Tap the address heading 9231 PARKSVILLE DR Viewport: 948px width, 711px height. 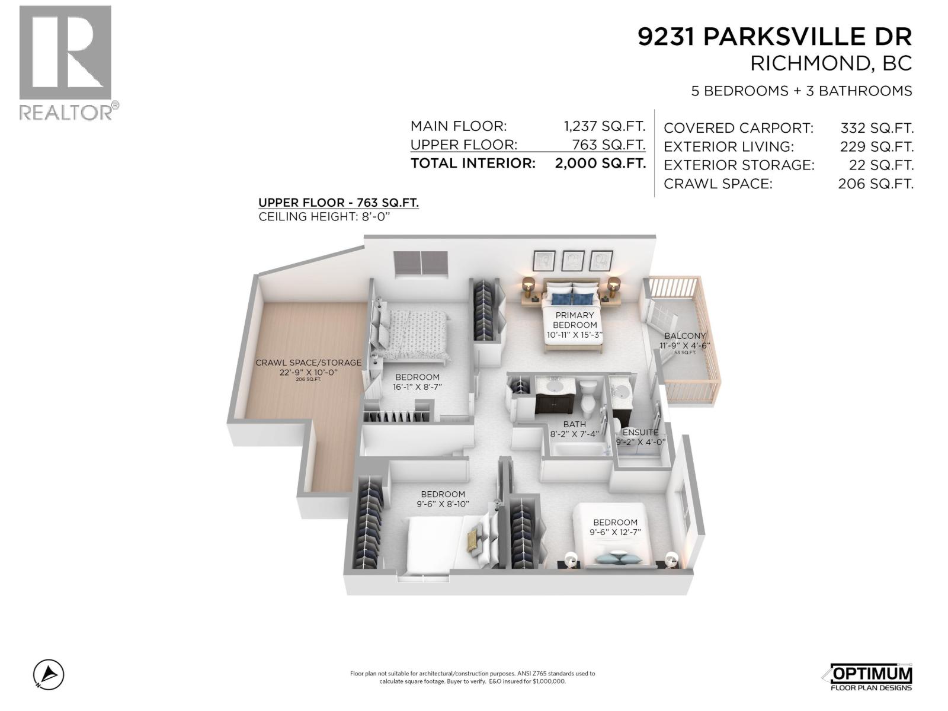pos(774,37)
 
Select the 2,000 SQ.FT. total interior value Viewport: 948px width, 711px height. pos(600,164)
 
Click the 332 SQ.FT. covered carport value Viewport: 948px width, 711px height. pos(876,128)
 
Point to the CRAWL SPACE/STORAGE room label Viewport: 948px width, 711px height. pos(308,363)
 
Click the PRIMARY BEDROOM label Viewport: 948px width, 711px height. pos(574,320)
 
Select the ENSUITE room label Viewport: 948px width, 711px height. pos(640,433)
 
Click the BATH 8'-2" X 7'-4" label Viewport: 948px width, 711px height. pos(574,428)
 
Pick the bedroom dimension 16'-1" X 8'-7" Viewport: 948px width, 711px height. pos(417,387)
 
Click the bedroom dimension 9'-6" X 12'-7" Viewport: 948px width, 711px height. pos(615,532)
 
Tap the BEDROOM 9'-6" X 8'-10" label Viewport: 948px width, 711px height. pos(443,499)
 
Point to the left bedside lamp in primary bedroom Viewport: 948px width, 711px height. pos(529,284)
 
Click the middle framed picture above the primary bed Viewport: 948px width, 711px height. pos(572,261)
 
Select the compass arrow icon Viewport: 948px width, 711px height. pos(49,674)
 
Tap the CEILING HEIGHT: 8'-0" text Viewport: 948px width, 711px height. pos(325,217)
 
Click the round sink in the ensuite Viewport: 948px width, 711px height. pos(622,392)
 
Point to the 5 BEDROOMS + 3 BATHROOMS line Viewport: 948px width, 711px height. pos(801,91)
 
